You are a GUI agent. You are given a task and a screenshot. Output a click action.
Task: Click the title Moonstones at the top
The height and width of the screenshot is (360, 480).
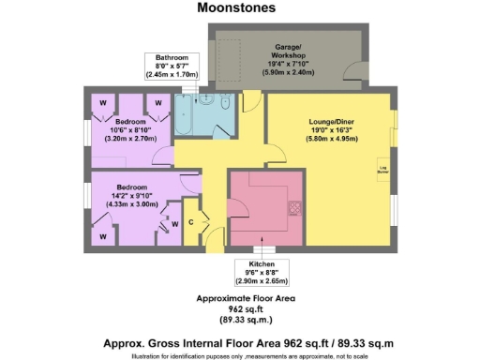pos(236,7)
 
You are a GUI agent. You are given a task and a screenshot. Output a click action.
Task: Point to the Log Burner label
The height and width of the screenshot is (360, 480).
pos(382,171)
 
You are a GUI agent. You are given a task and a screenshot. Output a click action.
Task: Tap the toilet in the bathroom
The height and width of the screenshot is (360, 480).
pos(212,103)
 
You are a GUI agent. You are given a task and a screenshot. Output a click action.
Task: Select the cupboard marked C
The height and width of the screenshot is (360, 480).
pos(190,223)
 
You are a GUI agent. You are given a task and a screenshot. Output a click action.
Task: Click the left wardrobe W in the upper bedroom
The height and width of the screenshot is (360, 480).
pos(102,101)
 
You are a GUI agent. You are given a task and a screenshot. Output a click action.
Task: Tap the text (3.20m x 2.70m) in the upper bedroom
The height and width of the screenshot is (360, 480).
pos(130,138)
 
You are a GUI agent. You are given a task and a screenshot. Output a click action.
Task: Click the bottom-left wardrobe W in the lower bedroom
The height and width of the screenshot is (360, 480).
pos(102,237)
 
